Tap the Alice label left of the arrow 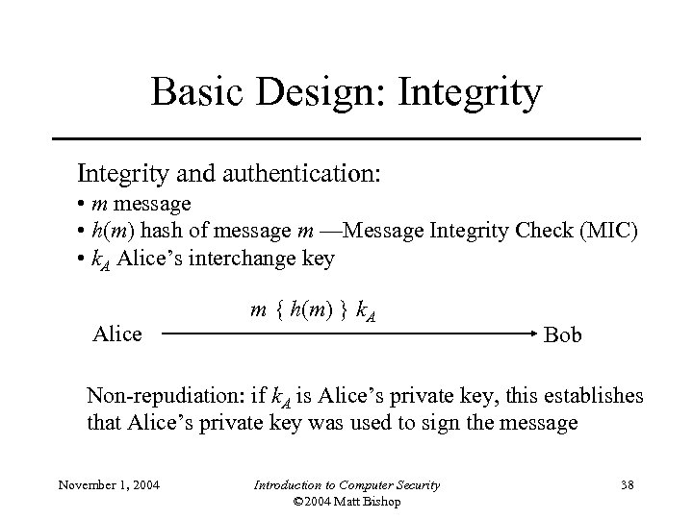(x=116, y=334)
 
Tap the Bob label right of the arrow (x=563, y=335)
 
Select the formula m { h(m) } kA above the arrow (x=312, y=310)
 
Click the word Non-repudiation (x=168, y=395)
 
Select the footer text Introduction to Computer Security (x=346, y=484)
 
